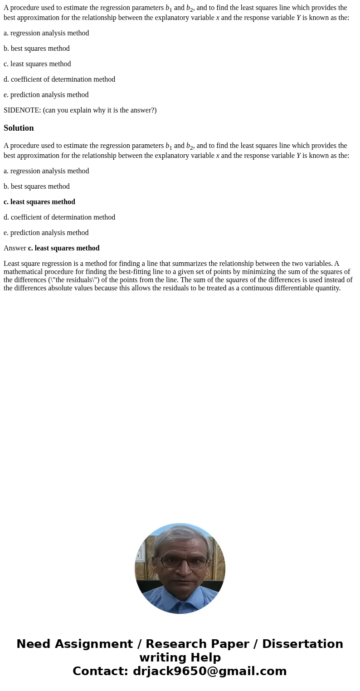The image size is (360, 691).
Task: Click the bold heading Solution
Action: coord(19,128)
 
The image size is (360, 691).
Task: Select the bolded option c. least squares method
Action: coord(39,202)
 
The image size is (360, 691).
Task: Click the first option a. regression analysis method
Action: coord(46,33)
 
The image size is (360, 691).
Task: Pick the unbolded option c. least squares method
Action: coord(37,64)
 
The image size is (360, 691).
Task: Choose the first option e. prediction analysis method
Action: coord(46,95)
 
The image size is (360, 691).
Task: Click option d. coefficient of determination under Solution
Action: coord(59,217)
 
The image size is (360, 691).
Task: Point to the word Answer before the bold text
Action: coord(15,248)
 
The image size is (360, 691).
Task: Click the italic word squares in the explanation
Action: coord(237,280)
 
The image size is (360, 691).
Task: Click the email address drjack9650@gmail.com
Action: coord(209,671)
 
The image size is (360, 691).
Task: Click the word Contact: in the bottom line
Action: coord(101,671)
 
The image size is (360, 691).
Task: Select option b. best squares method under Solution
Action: coord(37,186)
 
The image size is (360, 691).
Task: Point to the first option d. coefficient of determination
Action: coord(59,79)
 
